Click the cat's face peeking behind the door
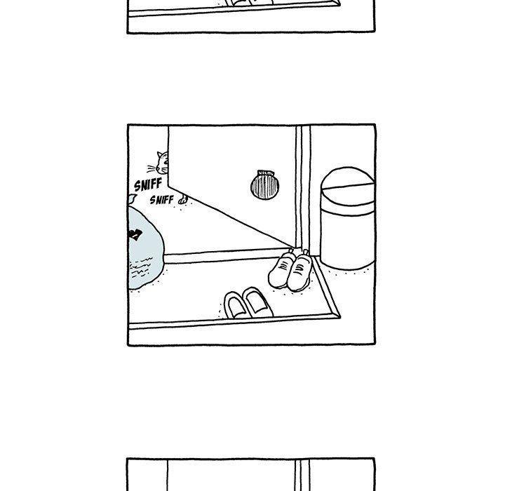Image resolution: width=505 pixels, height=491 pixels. (x=163, y=163)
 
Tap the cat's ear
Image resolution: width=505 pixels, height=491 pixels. (x=160, y=154)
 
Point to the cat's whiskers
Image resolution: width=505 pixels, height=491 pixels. (x=151, y=169)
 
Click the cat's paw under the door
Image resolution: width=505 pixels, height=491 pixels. (x=183, y=200)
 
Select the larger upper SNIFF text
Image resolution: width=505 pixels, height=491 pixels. (x=148, y=184)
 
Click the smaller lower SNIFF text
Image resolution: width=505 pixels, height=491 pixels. (x=162, y=200)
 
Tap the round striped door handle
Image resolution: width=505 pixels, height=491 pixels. (x=264, y=185)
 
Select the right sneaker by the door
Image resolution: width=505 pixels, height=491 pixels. (x=299, y=271)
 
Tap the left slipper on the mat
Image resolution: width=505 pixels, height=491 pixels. (x=236, y=305)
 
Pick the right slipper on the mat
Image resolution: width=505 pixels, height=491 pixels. (x=257, y=302)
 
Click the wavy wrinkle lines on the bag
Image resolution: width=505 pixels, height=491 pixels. (x=141, y=267)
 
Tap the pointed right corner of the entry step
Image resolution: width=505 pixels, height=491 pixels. (x=339, y=316)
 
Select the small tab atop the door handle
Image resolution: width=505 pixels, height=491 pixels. (x=266, y=173)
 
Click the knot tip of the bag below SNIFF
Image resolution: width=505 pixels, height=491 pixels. (x=131, y=198)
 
